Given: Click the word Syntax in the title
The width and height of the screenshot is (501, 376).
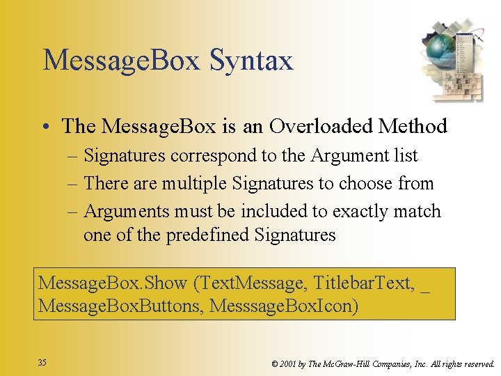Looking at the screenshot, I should (251, 61).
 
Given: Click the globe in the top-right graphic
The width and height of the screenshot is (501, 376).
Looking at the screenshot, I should (439, 47).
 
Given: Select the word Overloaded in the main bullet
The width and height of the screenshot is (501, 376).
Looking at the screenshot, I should (320, 126).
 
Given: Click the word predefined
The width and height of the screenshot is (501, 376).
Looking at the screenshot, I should (208, 235).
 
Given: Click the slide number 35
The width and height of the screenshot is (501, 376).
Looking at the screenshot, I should (42, 363).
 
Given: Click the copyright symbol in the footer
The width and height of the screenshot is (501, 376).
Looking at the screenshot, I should (275, 363).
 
